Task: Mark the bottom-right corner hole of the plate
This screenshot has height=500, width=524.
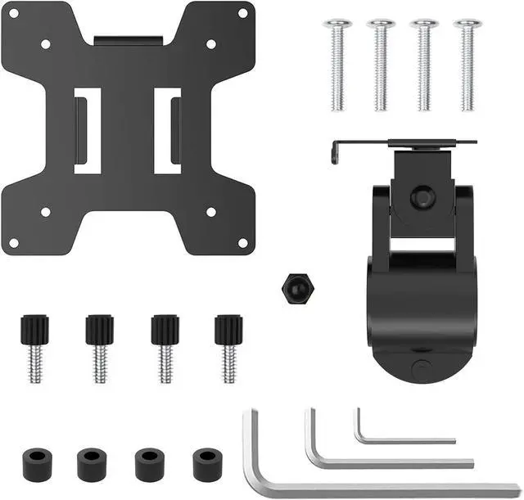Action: tap(242, 242)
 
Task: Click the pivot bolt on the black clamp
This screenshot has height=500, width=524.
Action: tap(422, 197)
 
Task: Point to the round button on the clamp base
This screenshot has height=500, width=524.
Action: tap(421, 367)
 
